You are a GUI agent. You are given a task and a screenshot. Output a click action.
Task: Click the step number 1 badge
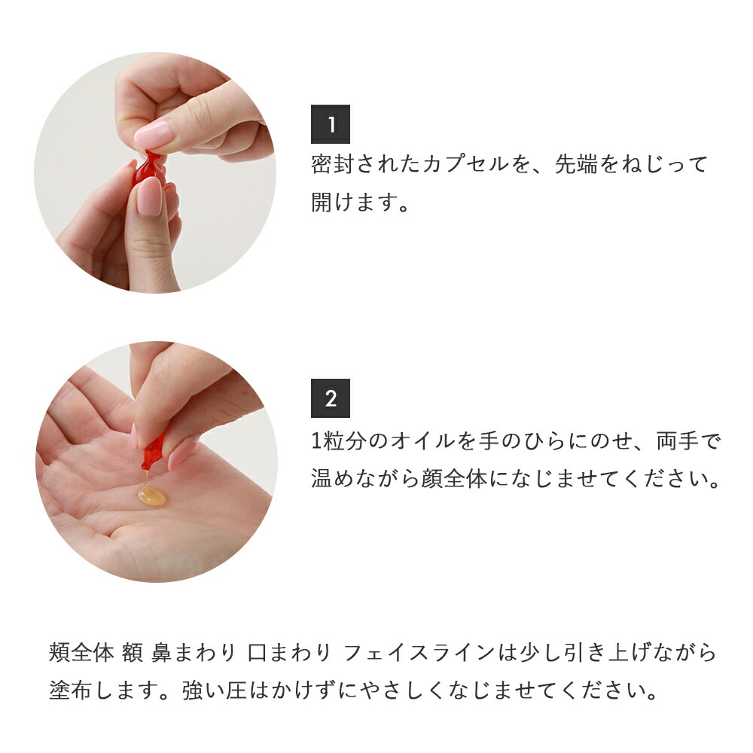click(x=331, y=124)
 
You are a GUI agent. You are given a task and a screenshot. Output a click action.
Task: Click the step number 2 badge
click(x=331, y=398)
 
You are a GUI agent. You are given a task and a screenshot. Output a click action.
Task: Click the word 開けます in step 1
click(x=351, y=202)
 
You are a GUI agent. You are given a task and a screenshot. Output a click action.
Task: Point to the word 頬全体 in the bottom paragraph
click(x=81, y=653)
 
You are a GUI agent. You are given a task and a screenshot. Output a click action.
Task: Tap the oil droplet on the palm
click(x=151, y=495)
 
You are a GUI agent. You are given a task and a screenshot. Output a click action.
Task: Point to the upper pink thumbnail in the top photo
click(x=154, y=136)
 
